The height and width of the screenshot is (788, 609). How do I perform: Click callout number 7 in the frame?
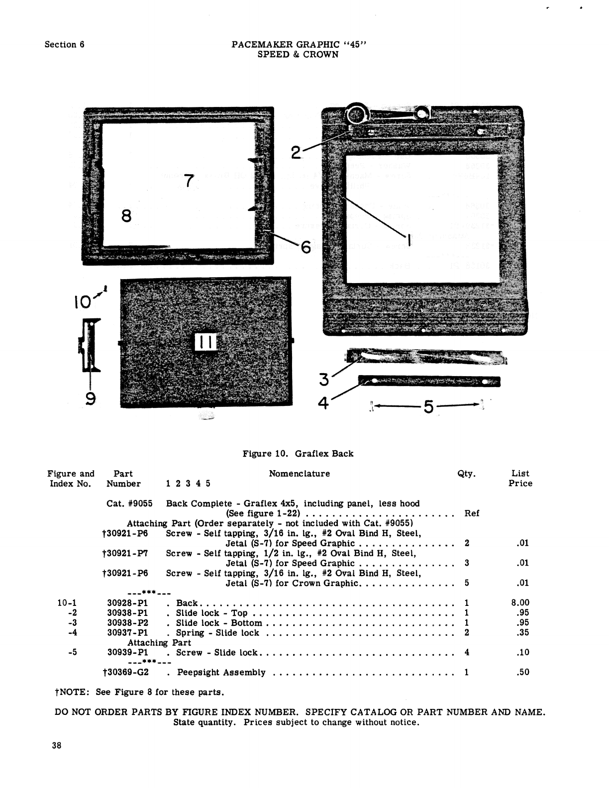coord(188,181)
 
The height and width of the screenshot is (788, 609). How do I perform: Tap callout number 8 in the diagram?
coord(126,216)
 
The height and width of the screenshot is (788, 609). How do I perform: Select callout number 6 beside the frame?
coord(305,246)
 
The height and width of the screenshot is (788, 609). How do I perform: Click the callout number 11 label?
coord(205,342)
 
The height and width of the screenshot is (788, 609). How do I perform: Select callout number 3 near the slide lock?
coord(324,380)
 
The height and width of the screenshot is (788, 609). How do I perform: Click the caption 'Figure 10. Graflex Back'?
coord(298,454)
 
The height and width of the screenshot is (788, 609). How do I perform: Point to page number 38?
coord(56,745)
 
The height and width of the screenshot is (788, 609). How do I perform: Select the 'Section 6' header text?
coord(64,44)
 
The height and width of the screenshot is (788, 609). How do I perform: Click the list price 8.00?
coord(520,603)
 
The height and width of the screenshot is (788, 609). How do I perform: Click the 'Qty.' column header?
coord(466,474)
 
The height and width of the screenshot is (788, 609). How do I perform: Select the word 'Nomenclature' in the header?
coord(299,474)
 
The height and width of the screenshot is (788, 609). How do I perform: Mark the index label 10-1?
coord(67,603)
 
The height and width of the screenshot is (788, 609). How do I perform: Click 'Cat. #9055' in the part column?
coord(129,503)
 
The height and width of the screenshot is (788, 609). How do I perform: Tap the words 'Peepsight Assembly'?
coord(221,673)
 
